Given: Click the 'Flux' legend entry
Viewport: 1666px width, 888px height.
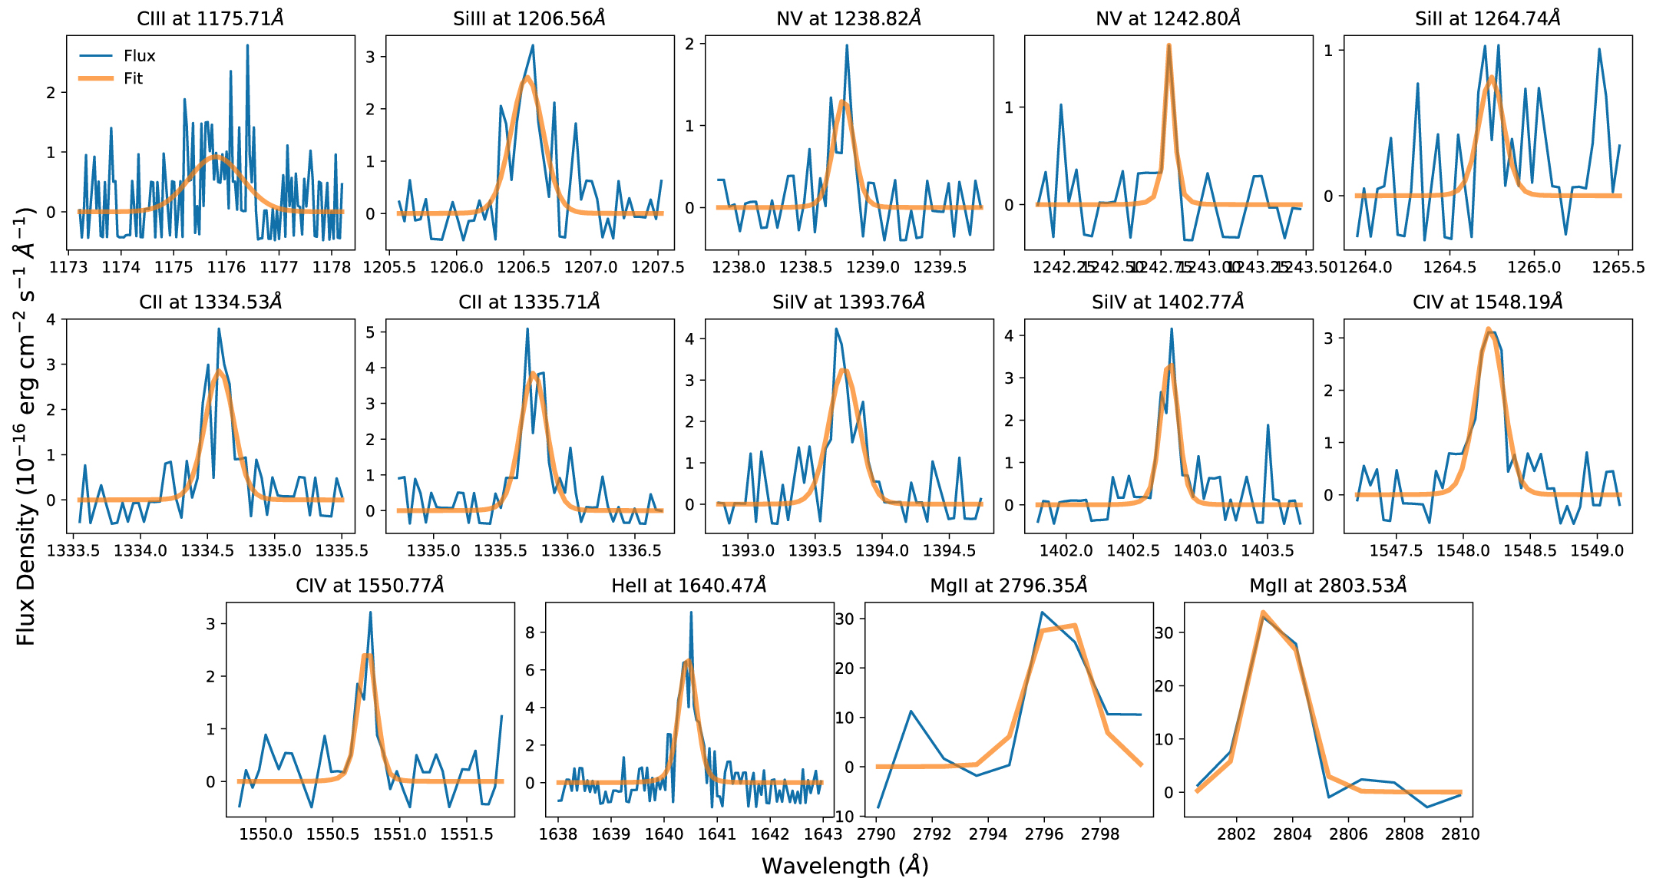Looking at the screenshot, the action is pyautogui.click(x=139, y=56).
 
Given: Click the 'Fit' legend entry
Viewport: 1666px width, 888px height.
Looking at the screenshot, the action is pyautogui.click(x=133, y=78).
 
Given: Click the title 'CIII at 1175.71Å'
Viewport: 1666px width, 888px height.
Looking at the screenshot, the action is pyautogui.click(x=210, y=18).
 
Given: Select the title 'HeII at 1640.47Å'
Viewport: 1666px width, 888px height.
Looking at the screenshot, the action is pyautogui.click(x=689, y=586).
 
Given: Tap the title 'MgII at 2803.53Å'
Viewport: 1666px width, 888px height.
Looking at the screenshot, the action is pyautogui.click(x=1328, y=586).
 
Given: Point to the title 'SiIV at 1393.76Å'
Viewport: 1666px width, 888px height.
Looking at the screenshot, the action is pyautogui.click(x=848, y=302).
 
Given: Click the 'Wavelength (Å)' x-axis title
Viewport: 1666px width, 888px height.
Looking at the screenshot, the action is pyautogui.click(x=845, y=866).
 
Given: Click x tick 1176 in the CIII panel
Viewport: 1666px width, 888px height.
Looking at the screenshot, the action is pyautogui.click(x=226, y=267).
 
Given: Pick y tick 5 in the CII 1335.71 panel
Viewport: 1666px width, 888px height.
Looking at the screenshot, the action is pyautogui.click(x=371, y=332).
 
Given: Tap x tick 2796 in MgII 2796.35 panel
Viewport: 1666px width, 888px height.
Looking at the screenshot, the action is pyautogui.click(x=1044, y=834).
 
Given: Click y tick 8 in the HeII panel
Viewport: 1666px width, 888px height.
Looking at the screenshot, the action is pyautogui.click(x=531, y=633).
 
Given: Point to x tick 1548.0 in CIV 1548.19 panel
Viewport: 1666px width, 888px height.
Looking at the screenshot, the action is pyautogui.click(x=1463, y=551).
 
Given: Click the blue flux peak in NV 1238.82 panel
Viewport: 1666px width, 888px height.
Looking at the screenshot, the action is pyautogui.click(x=847, y=45).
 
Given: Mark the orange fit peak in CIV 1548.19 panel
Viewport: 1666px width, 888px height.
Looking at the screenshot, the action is pyautogui.click(x=1488, y=328).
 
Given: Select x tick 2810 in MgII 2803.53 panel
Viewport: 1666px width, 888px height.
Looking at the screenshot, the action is pyautogui.click(x=1460, y=834).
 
